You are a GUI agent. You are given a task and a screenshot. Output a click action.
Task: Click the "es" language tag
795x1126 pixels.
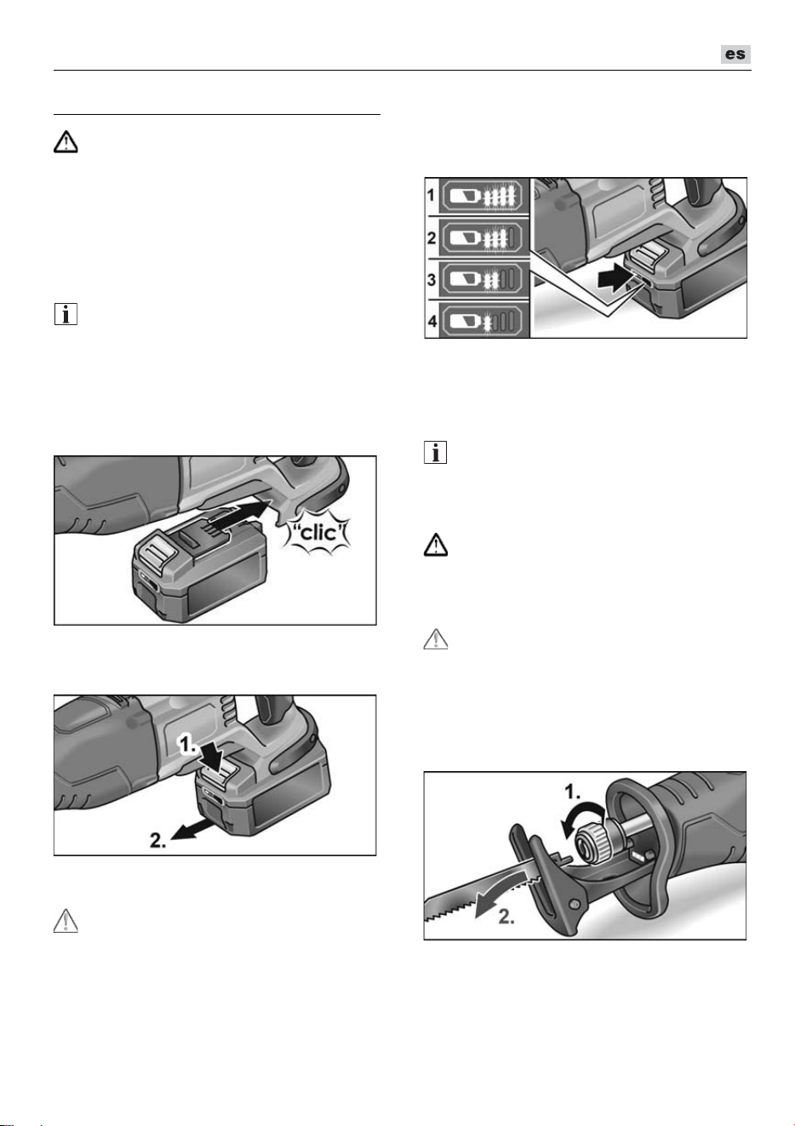(735, 54)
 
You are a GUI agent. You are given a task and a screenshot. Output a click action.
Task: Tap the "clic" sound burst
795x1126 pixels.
(317, 534)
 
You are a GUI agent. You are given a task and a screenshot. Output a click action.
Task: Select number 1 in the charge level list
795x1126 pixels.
(431, 195)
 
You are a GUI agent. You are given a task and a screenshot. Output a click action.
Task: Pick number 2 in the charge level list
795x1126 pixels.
(431, 237)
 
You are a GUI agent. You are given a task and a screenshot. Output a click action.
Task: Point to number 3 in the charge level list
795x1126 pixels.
(431, 279)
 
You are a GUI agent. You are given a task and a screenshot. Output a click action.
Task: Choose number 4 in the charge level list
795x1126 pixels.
(432, 321)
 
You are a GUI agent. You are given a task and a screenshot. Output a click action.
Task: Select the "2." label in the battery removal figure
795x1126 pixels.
(158, 840)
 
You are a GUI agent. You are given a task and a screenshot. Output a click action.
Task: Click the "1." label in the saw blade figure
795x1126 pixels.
(572, 792)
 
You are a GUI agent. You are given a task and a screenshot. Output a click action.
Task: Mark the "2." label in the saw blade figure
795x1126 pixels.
(506, 917)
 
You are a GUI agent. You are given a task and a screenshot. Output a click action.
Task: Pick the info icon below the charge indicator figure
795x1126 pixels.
(436, 452)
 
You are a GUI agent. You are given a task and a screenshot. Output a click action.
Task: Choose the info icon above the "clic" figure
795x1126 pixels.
(66, 314)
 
